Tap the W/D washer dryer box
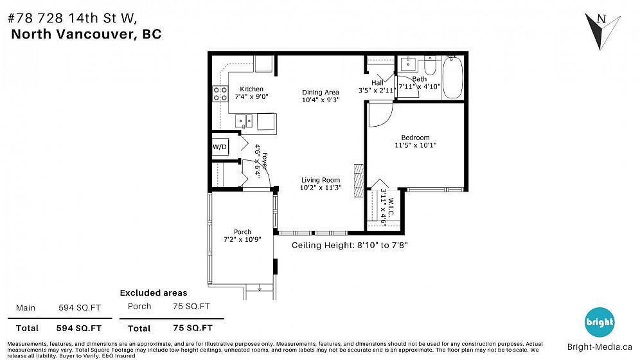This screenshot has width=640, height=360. tap(220, 147)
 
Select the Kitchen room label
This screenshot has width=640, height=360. tap(251, 89)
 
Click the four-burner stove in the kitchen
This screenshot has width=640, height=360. tap(220, 93)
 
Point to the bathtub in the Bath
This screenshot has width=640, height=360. tap(452, 78)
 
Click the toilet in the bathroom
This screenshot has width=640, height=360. tap(431, 65)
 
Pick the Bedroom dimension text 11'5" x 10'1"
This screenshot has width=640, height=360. tap(415, 145)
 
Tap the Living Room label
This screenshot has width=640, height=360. tap(321, 180)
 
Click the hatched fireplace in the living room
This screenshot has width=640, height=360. tap(359, 181)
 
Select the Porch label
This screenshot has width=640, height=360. tap(242, 232)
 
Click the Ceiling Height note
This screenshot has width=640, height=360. tap(350, 246)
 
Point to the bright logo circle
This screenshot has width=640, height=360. tap(600, 323)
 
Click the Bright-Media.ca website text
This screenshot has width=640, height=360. tap(600, 347)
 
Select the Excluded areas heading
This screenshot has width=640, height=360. tap(154, 292)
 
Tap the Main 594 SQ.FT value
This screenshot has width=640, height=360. tap(80, 308)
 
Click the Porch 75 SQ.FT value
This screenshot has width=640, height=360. tap(191, 306)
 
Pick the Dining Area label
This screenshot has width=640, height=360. tap(321, 92)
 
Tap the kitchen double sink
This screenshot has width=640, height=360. tap(244, 122)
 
